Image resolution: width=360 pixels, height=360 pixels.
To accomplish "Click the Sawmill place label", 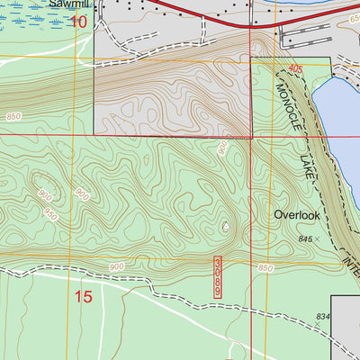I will click(69, 4).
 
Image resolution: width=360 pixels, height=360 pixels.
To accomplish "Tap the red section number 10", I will click(81, 21).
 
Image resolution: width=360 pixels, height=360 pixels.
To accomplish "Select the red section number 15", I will click(83, 295).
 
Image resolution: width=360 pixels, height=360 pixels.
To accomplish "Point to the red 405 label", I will click(297, 68).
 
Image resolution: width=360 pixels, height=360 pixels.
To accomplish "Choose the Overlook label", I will click(296, 216).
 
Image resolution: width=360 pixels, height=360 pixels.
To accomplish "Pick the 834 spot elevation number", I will click(323, 318).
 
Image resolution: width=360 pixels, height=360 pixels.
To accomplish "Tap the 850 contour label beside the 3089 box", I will click(264, 269).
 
